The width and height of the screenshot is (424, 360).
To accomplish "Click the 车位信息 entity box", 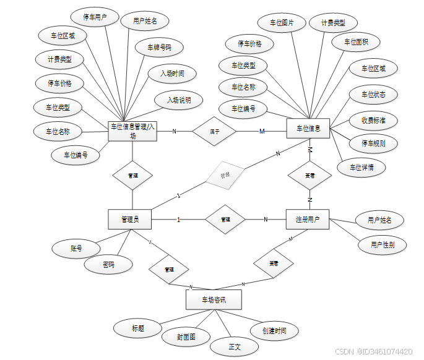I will click(308, 129).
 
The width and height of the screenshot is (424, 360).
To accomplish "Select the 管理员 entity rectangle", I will click(130, 219).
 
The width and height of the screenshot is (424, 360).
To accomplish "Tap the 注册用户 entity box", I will click(308, 219).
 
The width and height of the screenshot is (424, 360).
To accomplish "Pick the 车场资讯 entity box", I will click(214, 300).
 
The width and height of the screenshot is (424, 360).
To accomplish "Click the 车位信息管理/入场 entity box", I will click(132, 131).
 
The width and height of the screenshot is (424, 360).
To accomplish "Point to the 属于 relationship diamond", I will click(214, 131).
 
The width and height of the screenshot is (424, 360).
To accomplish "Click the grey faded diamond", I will click(225, 175).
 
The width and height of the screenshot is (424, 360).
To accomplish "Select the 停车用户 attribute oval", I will click(92, 17).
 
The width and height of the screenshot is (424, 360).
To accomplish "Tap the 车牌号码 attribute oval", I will click(160, 47).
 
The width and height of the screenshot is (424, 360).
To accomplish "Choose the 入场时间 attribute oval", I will click(173, 74).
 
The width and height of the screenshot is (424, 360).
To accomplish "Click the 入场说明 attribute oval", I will click(179, 100).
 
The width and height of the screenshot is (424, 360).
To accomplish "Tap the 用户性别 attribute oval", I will click(384, 244).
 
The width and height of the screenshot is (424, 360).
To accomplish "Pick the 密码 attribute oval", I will click(108, 265).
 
